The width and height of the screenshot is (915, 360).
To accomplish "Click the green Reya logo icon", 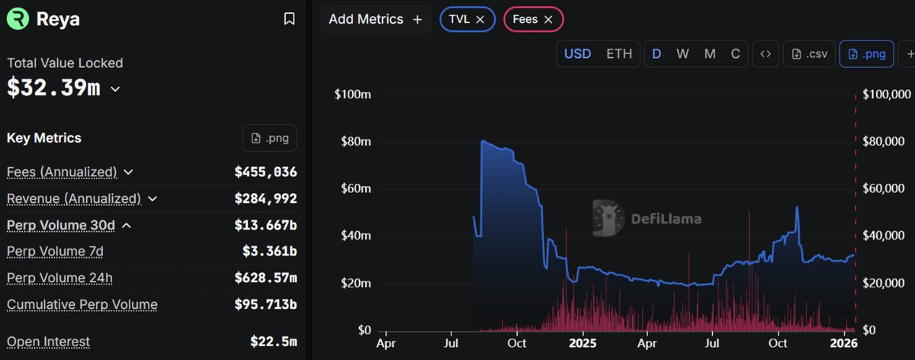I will click(18, 19).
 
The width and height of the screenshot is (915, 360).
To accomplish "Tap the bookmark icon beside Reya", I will click(289, 19).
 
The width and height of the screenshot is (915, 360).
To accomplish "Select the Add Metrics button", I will click(375, 20).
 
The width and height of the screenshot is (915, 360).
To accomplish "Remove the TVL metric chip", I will click(480, 20).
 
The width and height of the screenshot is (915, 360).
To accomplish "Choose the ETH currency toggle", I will click(618, 54).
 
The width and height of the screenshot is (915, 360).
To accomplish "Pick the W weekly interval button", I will click(682, 54).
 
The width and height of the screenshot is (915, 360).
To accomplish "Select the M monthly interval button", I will click(710, 54).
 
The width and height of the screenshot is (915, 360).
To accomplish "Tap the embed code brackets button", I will click(766, 54).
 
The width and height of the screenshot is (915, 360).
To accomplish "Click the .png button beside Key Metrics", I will click(269, 138).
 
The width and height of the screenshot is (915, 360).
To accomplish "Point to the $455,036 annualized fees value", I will click(265, 172).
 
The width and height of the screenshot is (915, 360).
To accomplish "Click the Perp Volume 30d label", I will click(60, 226).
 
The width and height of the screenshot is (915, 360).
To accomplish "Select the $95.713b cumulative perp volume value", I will click(265, 305).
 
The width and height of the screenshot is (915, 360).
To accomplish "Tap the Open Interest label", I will click(48, 342).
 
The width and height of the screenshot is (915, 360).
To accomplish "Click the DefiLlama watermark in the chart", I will click(647, 219).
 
